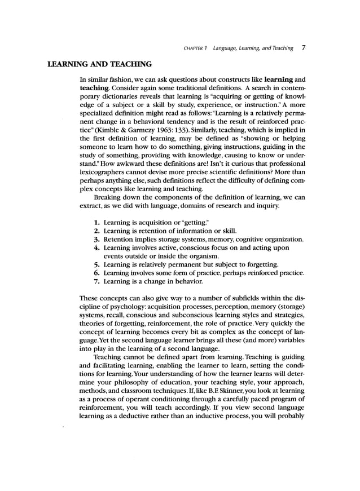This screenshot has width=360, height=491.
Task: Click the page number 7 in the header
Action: tap(304, 48)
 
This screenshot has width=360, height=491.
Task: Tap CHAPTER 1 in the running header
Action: tap(196, 48)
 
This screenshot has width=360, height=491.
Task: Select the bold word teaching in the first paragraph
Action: tap(95, 89)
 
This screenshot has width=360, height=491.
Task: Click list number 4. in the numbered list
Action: tap(97, 247)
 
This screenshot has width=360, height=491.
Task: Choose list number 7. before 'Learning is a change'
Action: tap(97, 281)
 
